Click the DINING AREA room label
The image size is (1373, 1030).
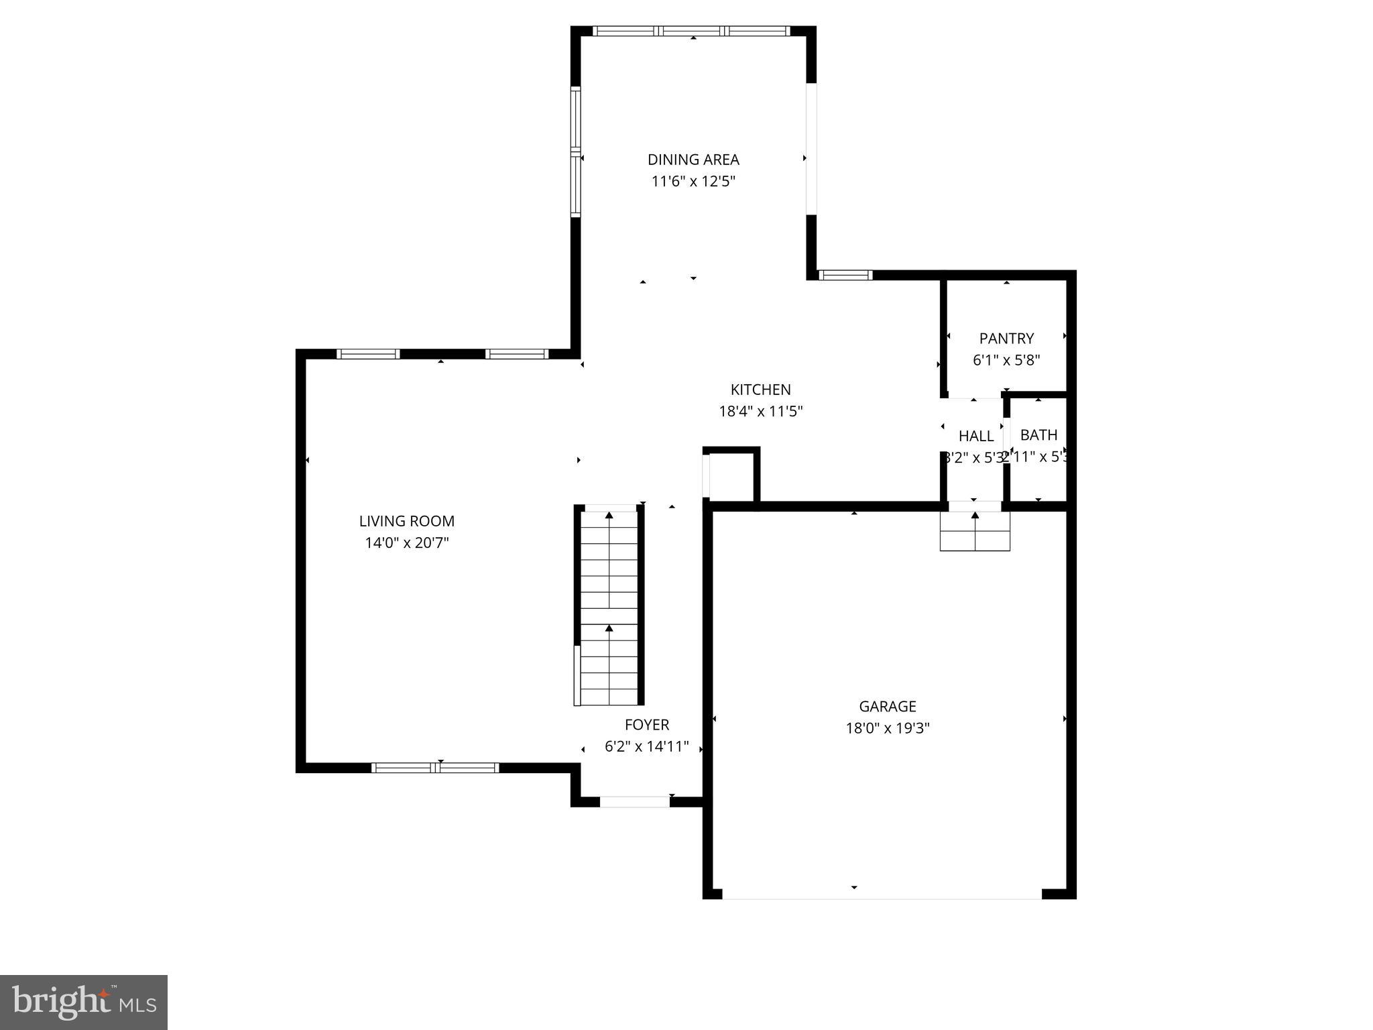pyautogui.click(x=693, y=160)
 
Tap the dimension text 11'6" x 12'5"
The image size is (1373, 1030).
pyautogui.click(x=693, y=181)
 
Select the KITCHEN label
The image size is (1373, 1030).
pyautogui.click(x=760, y=390)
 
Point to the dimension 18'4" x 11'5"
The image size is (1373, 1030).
pyautogui.click(x=760, y=411)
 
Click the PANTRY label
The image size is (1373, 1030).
pyautogui.click(x=1006, y=339)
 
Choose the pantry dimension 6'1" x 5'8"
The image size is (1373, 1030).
pyautogui.click(x=1006, y=360)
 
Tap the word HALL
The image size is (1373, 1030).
pyautogui.click(x=976, y=437)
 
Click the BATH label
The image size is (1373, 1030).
pyautogui.click(x=1038, y=435)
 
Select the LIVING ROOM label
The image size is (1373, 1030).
pyautogui.click(x=406, y=521)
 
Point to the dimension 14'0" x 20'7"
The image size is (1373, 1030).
pyautogui.click(x=406, y=542)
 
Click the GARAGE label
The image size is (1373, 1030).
pyautogui.click(x=887, y=706)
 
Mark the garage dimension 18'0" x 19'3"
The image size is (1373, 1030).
pyautogui.click(x=887, y=728)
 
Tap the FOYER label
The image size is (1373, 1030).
pyautogui.click(x=647, y=725)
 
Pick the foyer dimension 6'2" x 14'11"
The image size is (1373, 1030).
pyautogui.click(x=647, y=746)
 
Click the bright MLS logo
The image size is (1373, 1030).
pyautogui.click(x=84, y=1003)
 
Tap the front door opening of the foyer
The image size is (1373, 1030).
pyautogui.click(x=634, y=801)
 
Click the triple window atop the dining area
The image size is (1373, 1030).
pyautogui.click(x=692, y=31)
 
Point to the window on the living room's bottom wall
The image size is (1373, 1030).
pyautogui.click(x=435, y=768)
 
